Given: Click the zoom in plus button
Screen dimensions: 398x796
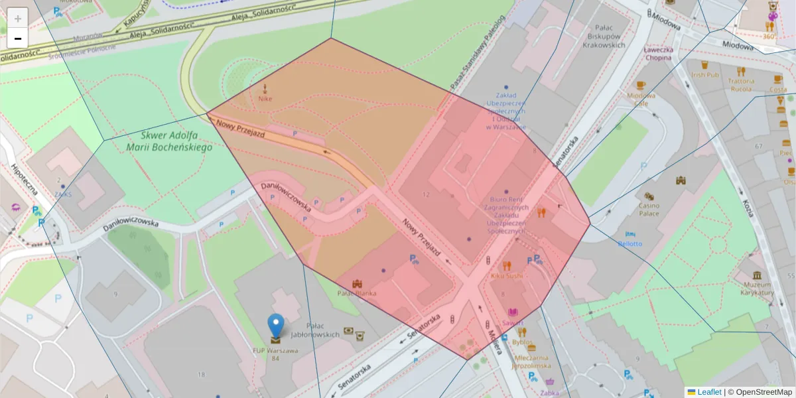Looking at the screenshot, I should (x=18, y=19).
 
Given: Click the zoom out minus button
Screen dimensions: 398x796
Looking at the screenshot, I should (x=18, y=38).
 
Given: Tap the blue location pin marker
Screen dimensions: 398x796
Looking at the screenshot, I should (x=275, y=326).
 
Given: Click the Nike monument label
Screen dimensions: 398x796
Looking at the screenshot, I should (x=265, y=99).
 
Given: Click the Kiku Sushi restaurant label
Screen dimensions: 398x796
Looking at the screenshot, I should (x=506, y=275).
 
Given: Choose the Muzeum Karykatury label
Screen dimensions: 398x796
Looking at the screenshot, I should (x=757, y=289).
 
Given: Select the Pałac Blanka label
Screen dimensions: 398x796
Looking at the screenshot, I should (x=357, y=293).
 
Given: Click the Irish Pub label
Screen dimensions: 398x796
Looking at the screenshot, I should (x=704, y=75).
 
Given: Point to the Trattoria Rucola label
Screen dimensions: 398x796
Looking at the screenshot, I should (x=740, y=84).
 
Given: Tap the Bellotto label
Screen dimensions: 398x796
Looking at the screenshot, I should (x=630, y=243).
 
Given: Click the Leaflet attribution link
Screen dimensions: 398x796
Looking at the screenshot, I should (x=709, y=392).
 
